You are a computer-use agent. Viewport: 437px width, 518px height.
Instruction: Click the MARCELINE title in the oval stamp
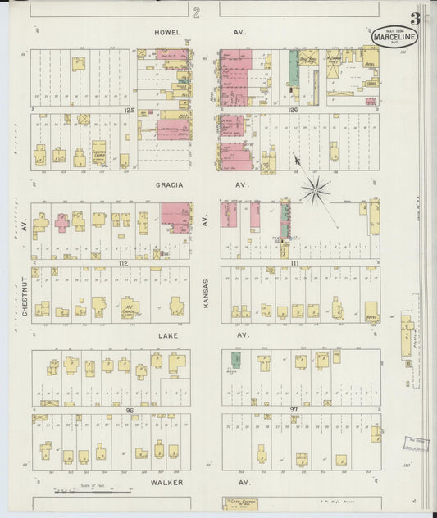coord(394,36)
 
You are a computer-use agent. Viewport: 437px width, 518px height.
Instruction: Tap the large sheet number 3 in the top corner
coord(416,18)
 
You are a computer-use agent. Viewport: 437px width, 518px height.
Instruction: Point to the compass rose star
coord(314,189)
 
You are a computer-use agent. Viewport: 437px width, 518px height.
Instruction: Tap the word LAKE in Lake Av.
coord(166,335)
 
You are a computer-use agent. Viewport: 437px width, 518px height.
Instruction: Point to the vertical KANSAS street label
coord(206,293)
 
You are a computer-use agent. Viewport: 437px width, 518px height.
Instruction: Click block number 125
coord(128,109)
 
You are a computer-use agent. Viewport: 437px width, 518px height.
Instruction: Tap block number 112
coord(124,263)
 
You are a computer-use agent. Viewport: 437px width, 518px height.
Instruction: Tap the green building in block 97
coord(235,360)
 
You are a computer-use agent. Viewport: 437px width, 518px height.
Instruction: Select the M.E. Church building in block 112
coord(130,308)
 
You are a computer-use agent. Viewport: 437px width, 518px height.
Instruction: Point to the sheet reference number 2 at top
coord(197,11)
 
